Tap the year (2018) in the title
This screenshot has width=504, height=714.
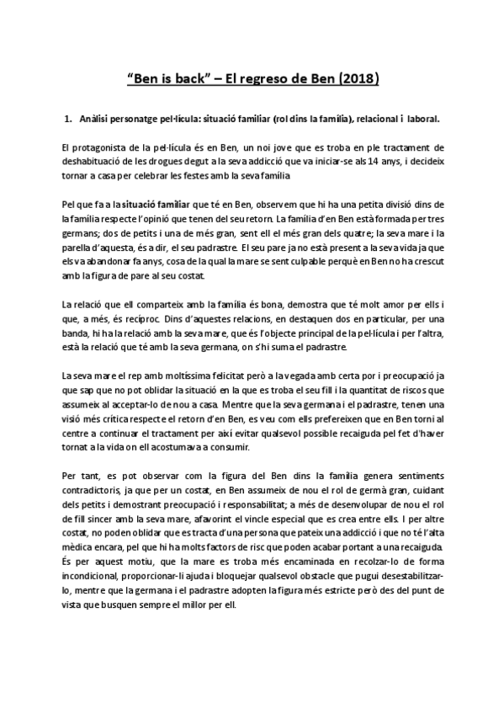click(358, 81)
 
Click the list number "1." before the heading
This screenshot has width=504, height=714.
click(70, 118)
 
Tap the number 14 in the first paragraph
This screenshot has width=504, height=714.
click(357, 162)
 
